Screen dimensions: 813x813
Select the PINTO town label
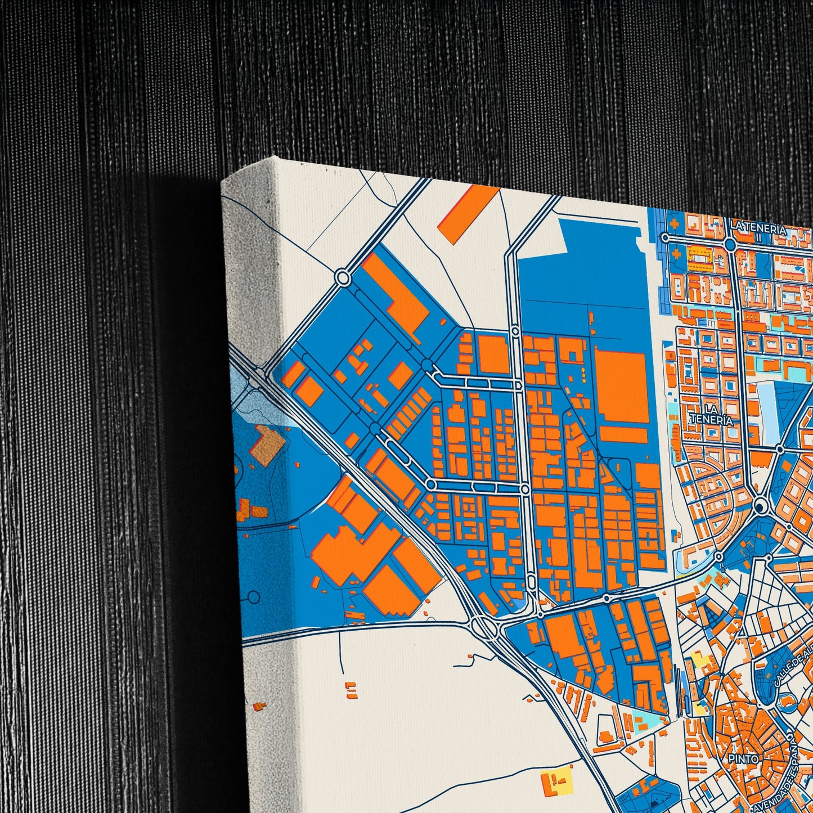coord(743,758)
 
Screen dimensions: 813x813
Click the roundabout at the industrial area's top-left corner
coord(343,277)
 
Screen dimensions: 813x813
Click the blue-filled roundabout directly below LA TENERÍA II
coord(730,244)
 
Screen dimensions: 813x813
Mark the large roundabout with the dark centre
coord(761,507)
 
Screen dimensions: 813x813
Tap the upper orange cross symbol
coord(675,223)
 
